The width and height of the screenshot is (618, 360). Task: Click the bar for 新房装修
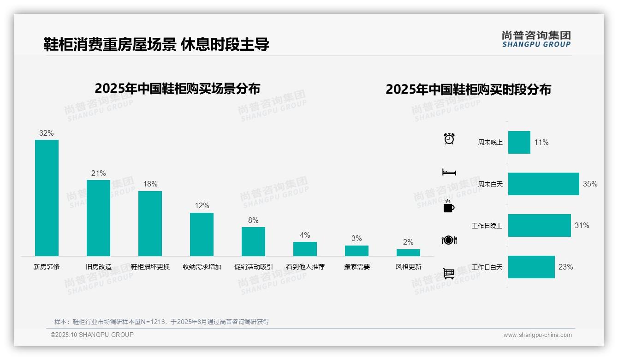[x=47, y=198]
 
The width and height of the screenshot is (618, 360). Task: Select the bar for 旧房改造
[x=98, y=218]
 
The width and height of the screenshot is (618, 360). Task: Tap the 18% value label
[x=150, y=184]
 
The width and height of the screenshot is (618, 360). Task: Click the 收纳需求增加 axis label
[x=202, y=267]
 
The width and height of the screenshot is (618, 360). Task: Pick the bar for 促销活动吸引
[x=253, y=241]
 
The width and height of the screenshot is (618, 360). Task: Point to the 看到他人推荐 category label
[x=305, y=267]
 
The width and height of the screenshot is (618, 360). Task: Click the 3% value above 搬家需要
[x=357, y=238]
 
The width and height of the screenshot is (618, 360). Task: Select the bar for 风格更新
[x=408, y=252]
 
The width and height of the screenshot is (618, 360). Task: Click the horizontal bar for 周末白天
[x=543, y=184]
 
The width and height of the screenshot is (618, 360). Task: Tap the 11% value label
[x=541, y=143]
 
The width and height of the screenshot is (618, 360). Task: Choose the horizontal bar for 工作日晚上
[x=539, y=225]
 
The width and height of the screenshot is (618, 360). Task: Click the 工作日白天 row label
[x=487, y=267]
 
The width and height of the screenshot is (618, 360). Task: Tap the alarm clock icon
[x=449, y=138]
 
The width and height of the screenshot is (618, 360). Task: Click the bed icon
[x=449, y=172]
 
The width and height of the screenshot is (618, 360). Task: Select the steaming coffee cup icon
[x=449, y=206]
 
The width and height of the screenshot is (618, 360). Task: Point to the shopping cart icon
[x=449, y=273]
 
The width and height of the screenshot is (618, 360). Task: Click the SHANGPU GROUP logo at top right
[x=536, y=39]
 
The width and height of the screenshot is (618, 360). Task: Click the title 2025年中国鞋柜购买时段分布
[x=468, y=90]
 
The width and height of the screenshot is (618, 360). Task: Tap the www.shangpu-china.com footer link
[x=537, y=335]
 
